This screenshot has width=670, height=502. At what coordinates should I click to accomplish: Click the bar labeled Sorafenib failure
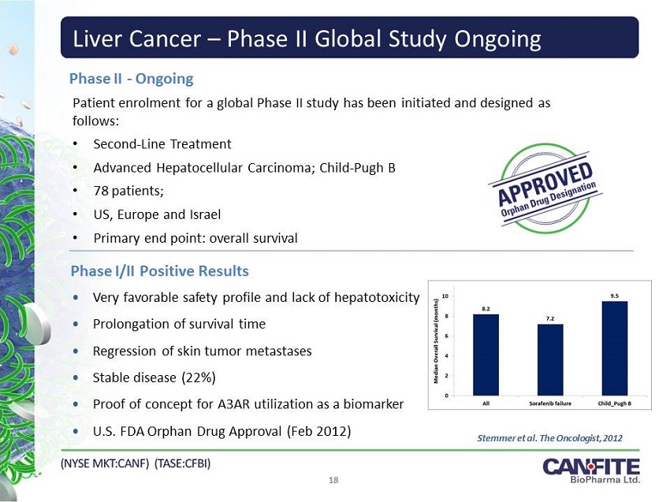click(550, 359)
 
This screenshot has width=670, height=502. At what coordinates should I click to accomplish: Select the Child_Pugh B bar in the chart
click(615, 348)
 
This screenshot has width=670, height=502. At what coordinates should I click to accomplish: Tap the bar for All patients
click(486, 355)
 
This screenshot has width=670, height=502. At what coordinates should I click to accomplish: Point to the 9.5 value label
click(615, 296)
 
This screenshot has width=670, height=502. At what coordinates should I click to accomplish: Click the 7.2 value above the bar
click(550, 318)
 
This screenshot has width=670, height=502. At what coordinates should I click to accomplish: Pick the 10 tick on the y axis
click(445, 296)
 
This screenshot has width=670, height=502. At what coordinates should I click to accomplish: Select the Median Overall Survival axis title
click(436, 347)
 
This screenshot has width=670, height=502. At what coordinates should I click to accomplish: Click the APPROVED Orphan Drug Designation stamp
click(545, 189)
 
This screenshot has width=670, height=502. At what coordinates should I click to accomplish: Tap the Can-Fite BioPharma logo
click(591, 470)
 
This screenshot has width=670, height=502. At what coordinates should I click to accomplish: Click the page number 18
click(333, 480)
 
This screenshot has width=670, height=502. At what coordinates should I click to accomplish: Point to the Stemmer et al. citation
click(549, 438)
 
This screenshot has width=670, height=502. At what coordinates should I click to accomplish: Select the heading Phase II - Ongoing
click(131, 79)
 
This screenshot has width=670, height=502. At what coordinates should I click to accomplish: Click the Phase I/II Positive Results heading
click(160, 271)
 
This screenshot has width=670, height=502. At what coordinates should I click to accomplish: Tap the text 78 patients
click(128, 191)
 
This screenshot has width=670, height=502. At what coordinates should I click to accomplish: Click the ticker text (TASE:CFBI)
click(182, 463)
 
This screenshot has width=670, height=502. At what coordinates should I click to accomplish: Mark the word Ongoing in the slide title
click(498, 39)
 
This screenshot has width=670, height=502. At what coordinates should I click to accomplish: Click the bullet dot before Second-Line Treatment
click(76, 144)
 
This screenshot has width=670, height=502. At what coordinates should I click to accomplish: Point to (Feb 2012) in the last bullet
click(318, 431)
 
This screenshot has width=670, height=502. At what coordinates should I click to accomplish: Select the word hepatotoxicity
click(377, 297)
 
